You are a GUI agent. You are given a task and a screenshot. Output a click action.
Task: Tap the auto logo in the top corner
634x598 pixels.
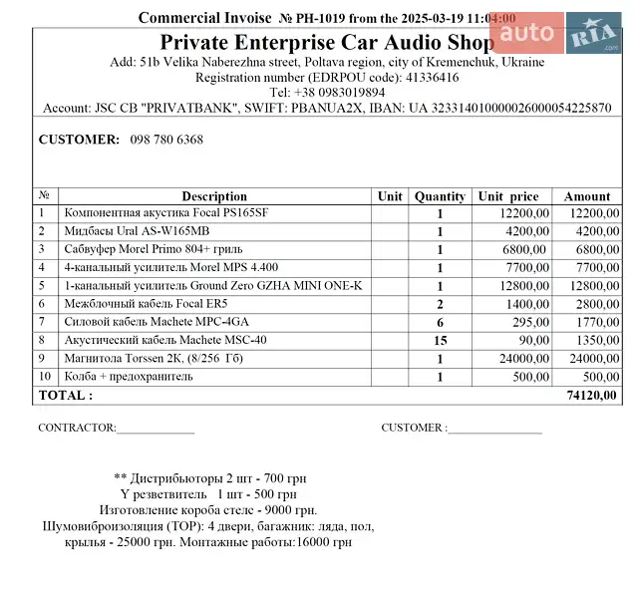(526, 34)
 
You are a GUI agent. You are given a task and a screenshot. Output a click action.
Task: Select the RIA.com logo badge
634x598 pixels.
(594, 36)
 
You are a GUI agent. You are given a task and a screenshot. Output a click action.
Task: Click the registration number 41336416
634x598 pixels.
(432, 77)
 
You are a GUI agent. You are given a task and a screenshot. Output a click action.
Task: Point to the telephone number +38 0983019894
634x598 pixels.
(327, 92)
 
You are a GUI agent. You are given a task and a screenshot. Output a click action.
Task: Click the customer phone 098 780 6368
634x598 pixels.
(166, 140)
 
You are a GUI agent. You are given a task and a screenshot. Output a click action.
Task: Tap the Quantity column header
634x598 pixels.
(440, 196)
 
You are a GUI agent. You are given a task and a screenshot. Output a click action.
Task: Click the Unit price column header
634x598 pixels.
(508, 196)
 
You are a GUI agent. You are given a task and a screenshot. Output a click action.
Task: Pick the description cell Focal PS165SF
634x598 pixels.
(165, 213)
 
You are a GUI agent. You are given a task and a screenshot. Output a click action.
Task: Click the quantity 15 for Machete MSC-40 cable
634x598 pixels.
(440, 341)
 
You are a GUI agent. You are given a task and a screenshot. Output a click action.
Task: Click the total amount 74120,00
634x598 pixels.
(591, 396)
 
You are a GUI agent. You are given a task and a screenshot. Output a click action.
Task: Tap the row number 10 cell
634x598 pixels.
(45, 377)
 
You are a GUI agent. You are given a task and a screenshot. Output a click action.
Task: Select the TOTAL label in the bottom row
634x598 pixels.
(65, 396)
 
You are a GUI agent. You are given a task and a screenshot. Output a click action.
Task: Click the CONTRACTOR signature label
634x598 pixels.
(77, 428)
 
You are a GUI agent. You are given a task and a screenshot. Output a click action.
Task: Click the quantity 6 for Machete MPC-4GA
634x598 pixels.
(440, 322)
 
